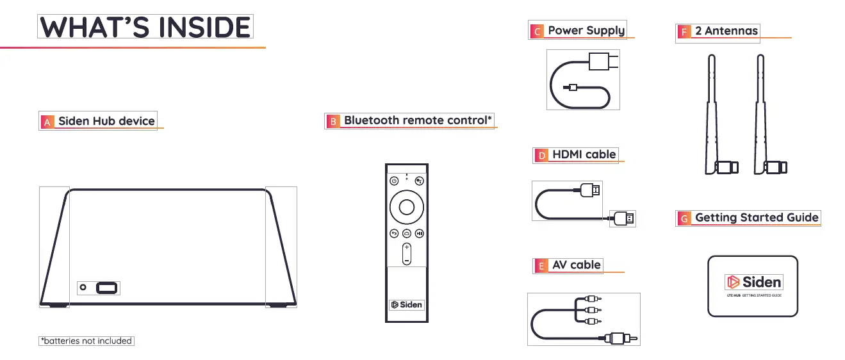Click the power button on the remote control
(x=395, y=181)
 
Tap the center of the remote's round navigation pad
(x=407, y=206)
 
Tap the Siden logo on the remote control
(x=407, y=304)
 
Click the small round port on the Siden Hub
(x=83, y=288)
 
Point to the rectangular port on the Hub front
(x=107, y=288)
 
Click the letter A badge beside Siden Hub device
(x=47, y=122)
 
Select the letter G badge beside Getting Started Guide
(x=684, y=218)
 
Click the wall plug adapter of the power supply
(x=603, y=61)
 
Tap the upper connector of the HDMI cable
(x=590, y=190)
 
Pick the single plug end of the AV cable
(x=620, y=336)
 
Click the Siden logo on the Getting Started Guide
(x=753, y=282)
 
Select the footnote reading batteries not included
(x=86, y=341)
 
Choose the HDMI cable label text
(x=584, y=154)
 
